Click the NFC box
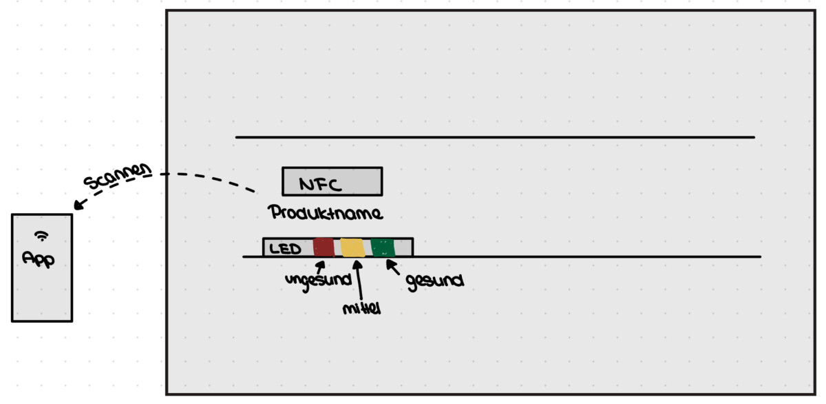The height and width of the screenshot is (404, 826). coord(332,181)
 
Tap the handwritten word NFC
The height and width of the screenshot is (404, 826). coord(320,184)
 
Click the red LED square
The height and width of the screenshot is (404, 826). coord(324,247)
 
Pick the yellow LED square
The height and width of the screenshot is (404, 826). coord(352,247)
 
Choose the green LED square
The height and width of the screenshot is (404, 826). coord(383,247)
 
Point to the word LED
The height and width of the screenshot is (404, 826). coord(285,249)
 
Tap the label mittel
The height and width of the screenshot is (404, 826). coord(361,308)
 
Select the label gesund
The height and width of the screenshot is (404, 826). coord(435,282)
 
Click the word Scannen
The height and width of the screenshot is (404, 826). coord(117,176)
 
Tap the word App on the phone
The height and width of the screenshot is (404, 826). coord(39,259)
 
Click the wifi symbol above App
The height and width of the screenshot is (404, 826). coord(41,236)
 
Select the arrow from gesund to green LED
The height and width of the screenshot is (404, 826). coord(393,267)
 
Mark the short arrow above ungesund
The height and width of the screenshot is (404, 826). coord(321,267)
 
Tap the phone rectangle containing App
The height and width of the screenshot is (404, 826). coord(42,267)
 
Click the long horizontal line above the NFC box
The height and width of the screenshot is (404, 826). coord(495,137)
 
